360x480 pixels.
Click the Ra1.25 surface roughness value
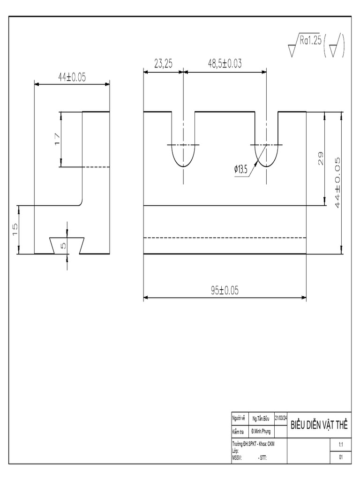(310, 41)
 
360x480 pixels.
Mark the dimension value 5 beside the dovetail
(64, 244)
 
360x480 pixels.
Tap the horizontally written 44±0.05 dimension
(72, 78)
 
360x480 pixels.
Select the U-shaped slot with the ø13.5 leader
(267, 150)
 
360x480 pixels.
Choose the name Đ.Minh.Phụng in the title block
(261, 431)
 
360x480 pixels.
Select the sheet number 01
(341, 457)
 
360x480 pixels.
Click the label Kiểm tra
(238, 431)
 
